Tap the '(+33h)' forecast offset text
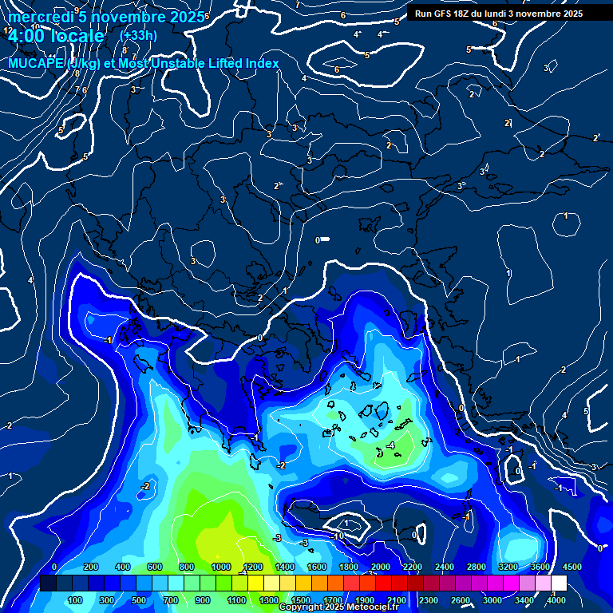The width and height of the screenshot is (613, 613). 138,35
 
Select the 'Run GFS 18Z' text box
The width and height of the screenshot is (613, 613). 499,14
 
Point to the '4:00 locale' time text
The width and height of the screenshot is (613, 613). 56,36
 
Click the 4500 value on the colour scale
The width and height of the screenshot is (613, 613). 572,567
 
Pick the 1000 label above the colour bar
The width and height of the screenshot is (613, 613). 221,567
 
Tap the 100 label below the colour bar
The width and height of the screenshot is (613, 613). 75,600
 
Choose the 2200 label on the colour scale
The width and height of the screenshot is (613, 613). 413,567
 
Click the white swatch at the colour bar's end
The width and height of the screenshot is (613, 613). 559,583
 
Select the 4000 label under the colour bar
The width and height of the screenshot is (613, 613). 556,600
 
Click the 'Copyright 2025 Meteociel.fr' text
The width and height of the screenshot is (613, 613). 338,607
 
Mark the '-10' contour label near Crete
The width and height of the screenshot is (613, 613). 339,535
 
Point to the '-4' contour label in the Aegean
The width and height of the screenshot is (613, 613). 390,445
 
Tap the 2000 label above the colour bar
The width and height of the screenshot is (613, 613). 381,567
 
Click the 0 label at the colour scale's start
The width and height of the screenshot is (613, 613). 54,567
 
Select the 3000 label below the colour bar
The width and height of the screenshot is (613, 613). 492,600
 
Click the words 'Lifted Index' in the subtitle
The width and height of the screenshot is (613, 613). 239,63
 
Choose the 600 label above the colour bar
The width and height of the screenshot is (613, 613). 155,567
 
